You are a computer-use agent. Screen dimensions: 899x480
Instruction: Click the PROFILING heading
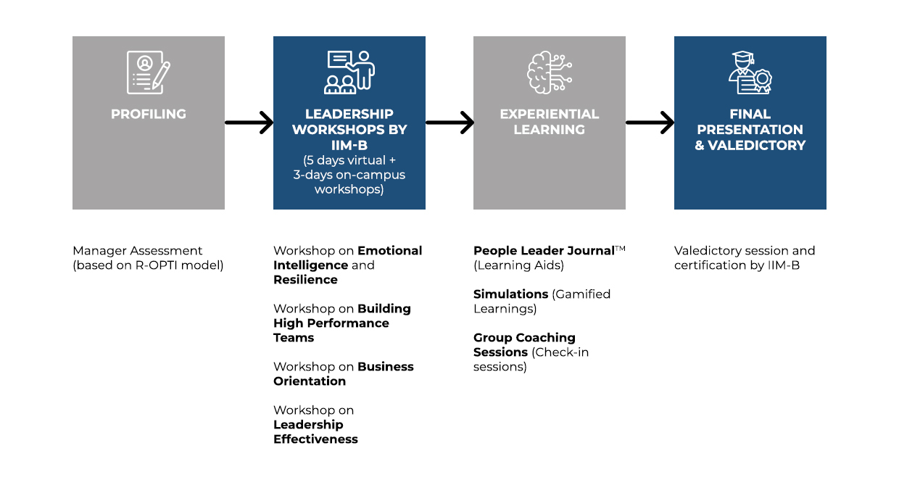tap(149, 114)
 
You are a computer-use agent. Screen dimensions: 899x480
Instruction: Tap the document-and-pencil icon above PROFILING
tap(149, 73)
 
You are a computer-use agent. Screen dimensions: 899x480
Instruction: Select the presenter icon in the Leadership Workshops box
tap(349, 73)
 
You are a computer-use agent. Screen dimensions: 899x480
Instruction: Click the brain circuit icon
tap(550, 73)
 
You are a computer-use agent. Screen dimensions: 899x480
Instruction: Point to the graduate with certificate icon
tap(750, 73)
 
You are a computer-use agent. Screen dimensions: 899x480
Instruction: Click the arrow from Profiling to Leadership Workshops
tap(249, 123)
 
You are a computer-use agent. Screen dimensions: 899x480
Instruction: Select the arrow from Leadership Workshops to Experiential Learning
tap(450, 123)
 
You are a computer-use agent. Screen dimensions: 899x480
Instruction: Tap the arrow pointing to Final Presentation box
tap(650, 123)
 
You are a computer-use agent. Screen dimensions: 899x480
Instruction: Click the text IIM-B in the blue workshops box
tap(349, 145)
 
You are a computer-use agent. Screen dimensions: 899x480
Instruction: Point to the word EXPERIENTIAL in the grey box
tap(550, 114)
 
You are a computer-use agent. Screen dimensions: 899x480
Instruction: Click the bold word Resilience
tap(305, 280)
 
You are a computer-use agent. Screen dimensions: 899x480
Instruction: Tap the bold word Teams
tap(294, 338)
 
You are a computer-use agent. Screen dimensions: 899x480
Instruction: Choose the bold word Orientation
tap(310, 381)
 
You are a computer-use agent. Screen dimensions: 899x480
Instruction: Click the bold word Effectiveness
tap(315, 439)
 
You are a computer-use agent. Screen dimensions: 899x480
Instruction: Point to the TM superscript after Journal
tap(620, 249)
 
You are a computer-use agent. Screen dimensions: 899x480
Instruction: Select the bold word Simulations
tap(510, 294)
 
